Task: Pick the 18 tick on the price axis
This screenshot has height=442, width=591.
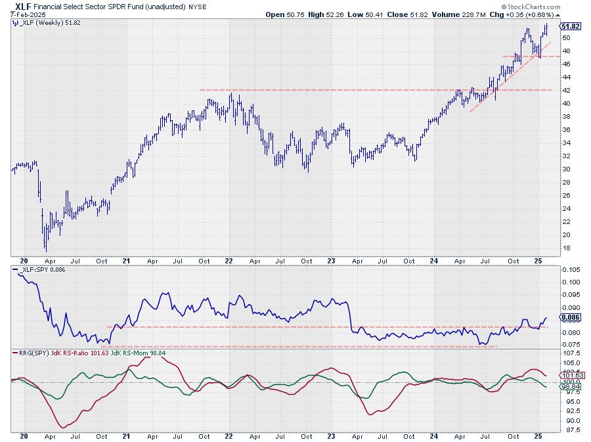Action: (567, 248)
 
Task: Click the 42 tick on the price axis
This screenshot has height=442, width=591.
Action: (567, 90)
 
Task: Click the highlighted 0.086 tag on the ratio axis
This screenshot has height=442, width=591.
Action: (571, 317)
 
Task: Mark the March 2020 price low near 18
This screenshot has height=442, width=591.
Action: (45, 250)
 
